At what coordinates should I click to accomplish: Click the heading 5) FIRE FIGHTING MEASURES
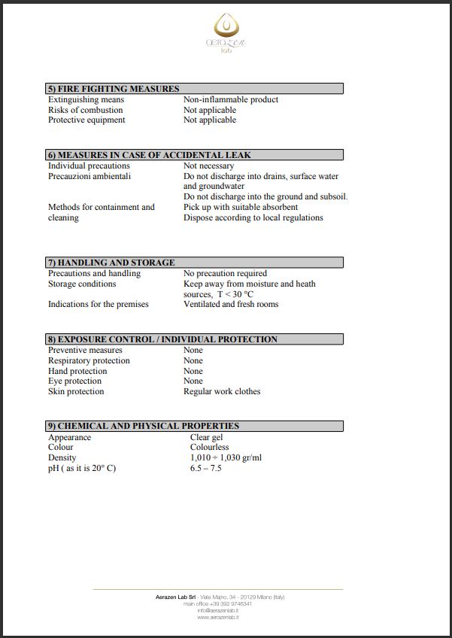(x=114, y=89)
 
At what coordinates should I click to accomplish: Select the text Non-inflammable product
(x=231, y=99)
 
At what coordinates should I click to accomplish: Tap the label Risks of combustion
(x=85, y=110)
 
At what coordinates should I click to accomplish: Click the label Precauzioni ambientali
(x=89, y=176)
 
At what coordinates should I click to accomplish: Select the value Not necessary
(x=208, y=166)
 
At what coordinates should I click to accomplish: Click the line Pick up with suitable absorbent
(x=241, y=207)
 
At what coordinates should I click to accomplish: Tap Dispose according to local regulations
(x=253, y=217)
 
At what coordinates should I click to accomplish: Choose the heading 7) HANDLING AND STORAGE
(x=111, y=263)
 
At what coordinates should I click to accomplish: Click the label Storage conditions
(x=82, y=284)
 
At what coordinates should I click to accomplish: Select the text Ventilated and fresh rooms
(x=231, y=304)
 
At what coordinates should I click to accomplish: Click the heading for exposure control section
(x=162, y=339)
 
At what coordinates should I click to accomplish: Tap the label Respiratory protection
(x=89, y=360)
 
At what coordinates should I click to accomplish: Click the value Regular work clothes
(x=222, y=391)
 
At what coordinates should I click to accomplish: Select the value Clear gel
(x=206, y=437)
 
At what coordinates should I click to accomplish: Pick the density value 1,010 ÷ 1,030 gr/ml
(x=226, y=457)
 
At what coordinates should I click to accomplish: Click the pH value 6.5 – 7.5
(x=206, y=468)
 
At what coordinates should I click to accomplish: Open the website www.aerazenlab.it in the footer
(x=218, y=617)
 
